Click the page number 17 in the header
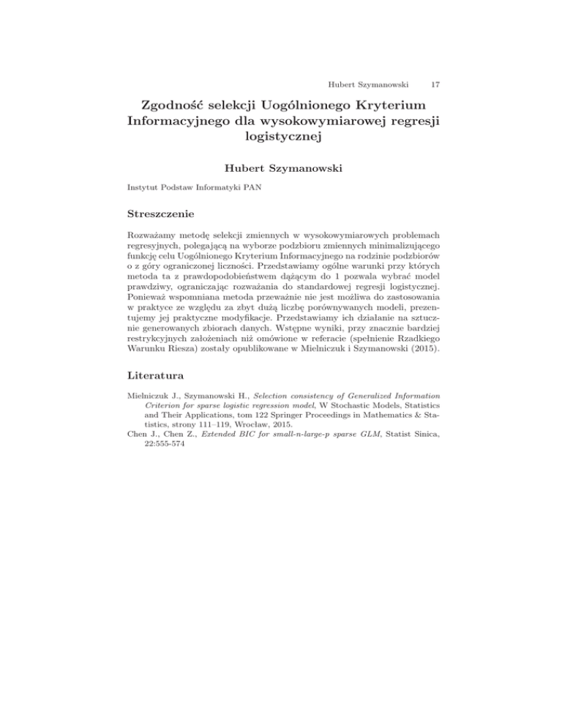click(436, 65)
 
